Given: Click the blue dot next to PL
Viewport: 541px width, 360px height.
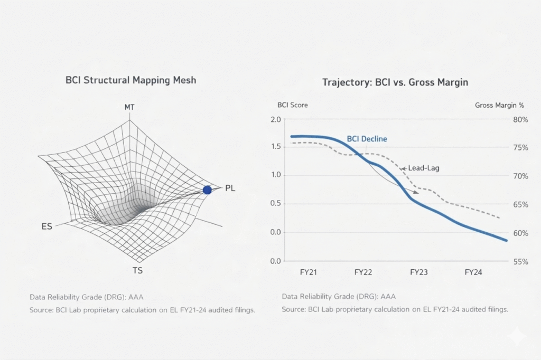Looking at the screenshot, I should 207,190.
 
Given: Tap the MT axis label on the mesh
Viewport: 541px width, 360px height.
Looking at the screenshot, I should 129,107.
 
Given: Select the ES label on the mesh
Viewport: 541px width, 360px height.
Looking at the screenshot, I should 46,226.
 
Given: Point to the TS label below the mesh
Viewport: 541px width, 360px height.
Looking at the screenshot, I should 137,270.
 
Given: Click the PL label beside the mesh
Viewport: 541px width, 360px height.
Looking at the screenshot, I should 230,188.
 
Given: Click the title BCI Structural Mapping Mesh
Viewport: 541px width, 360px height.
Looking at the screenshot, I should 130,81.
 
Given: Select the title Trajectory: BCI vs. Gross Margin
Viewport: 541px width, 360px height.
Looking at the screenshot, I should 395,82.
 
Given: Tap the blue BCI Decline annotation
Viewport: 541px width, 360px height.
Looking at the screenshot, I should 367,139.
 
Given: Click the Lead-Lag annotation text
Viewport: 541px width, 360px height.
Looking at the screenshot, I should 423,168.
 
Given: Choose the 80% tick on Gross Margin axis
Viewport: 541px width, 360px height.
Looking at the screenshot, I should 520,119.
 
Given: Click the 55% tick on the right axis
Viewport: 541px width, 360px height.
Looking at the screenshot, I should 520,261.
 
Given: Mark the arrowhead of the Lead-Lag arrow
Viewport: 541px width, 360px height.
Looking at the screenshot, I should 417,193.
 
